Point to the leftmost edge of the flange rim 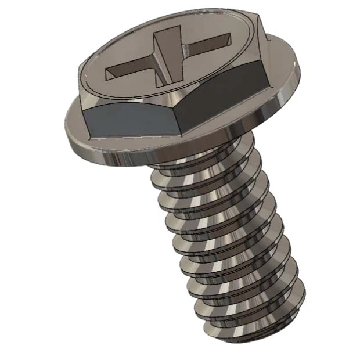[63, 125]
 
